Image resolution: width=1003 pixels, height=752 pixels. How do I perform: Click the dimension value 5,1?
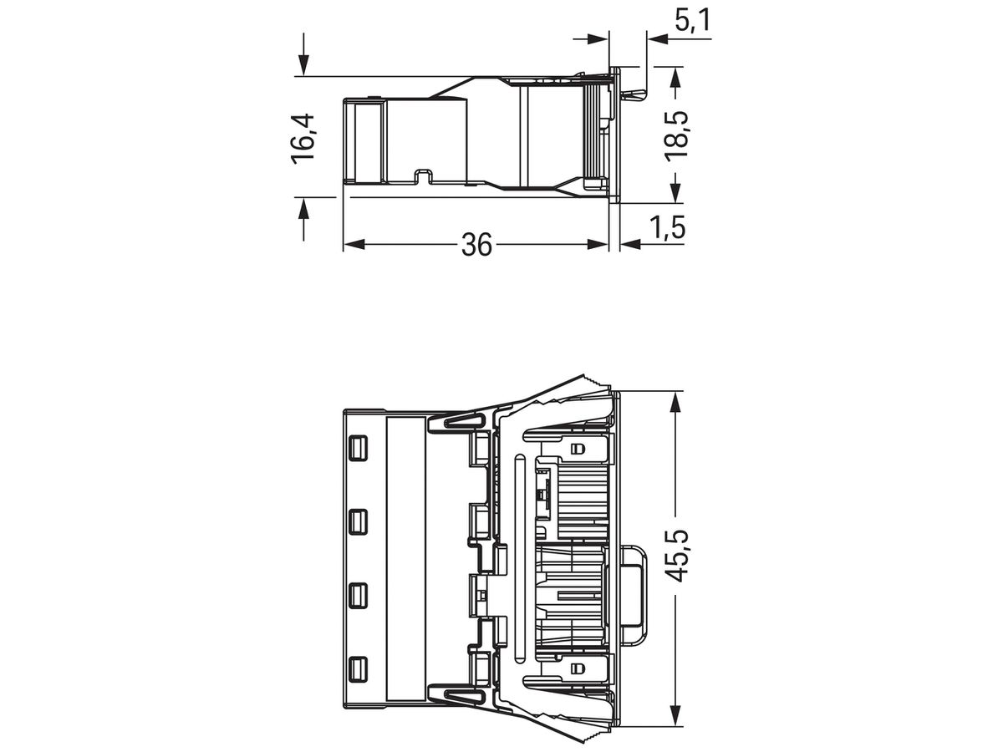(x=691, y=22)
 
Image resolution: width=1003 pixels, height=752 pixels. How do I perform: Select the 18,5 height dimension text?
(x=676, y=135)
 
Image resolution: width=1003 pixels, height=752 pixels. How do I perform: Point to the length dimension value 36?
(x=476, y=245)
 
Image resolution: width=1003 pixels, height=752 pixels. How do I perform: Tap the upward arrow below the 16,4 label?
(x=303, y=209)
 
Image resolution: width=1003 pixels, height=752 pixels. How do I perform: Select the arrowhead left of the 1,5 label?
(x=629, y=244)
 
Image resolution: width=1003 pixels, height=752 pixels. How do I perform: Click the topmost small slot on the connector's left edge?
(x=358, y=448)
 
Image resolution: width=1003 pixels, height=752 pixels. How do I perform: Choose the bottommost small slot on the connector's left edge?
(x=358, y=668)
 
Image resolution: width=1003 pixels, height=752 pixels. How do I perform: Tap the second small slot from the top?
(x=358, y=521)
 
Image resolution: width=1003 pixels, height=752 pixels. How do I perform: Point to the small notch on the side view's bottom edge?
(x=424, y=176)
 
